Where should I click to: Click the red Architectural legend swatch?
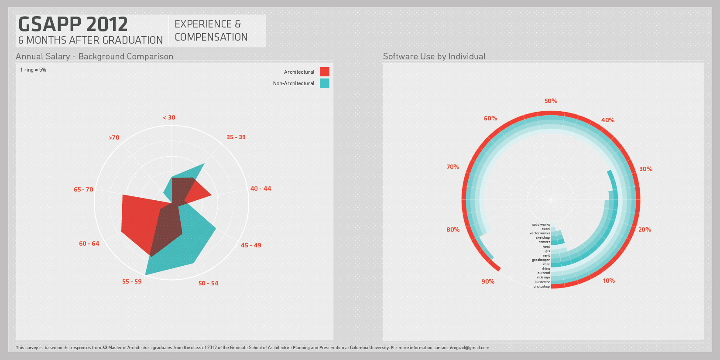point(324,72)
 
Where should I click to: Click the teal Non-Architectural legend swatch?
point(324,83)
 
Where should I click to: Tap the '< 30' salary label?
point(169,117)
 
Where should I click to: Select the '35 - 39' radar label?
point(236,137)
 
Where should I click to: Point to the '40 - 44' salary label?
point(261,189)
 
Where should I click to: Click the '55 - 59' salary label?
point(132,281)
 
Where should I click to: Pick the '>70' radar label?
point(114,137)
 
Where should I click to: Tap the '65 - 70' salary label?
point(83,189)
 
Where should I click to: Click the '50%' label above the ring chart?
point(551,101)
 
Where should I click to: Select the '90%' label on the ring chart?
point(488,281)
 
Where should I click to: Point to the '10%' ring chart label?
point(609,281)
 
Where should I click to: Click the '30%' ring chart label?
point(646,169)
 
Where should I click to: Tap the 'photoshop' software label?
point(542,287)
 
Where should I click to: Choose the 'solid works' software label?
point(541,224)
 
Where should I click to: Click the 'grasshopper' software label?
point(541,260)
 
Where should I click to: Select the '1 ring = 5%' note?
point(33,70)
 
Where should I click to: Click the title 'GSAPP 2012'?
point(73,24)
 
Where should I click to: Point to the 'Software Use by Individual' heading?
point(434,56)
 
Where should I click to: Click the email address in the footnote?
point(470,348)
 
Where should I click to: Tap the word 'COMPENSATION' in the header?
point(211,38)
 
